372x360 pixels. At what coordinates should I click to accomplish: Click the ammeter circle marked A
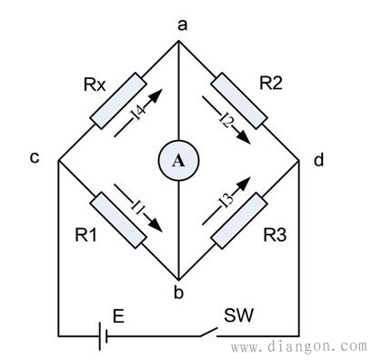178,160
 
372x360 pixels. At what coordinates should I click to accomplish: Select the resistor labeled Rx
118,101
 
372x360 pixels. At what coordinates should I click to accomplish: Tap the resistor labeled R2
239,101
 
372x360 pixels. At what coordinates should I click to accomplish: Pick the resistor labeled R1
118,220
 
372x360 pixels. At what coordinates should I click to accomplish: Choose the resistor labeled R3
239,220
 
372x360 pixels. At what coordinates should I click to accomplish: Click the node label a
182,26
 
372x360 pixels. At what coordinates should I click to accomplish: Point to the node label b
178,292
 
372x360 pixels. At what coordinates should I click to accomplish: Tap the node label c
35,157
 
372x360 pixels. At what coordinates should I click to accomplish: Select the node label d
318,159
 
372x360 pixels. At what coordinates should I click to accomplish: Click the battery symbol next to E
103,336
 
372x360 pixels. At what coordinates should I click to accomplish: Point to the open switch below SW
208,332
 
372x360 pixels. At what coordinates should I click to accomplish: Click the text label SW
238,315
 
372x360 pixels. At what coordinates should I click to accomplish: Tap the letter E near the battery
118,316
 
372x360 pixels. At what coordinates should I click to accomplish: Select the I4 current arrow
138,113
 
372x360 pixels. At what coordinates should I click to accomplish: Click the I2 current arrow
226,120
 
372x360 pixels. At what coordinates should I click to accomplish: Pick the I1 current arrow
138,208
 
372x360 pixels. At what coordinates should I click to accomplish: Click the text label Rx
95,85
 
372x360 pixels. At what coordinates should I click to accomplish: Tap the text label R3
275,235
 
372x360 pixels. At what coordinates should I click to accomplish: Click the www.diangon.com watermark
299,346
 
